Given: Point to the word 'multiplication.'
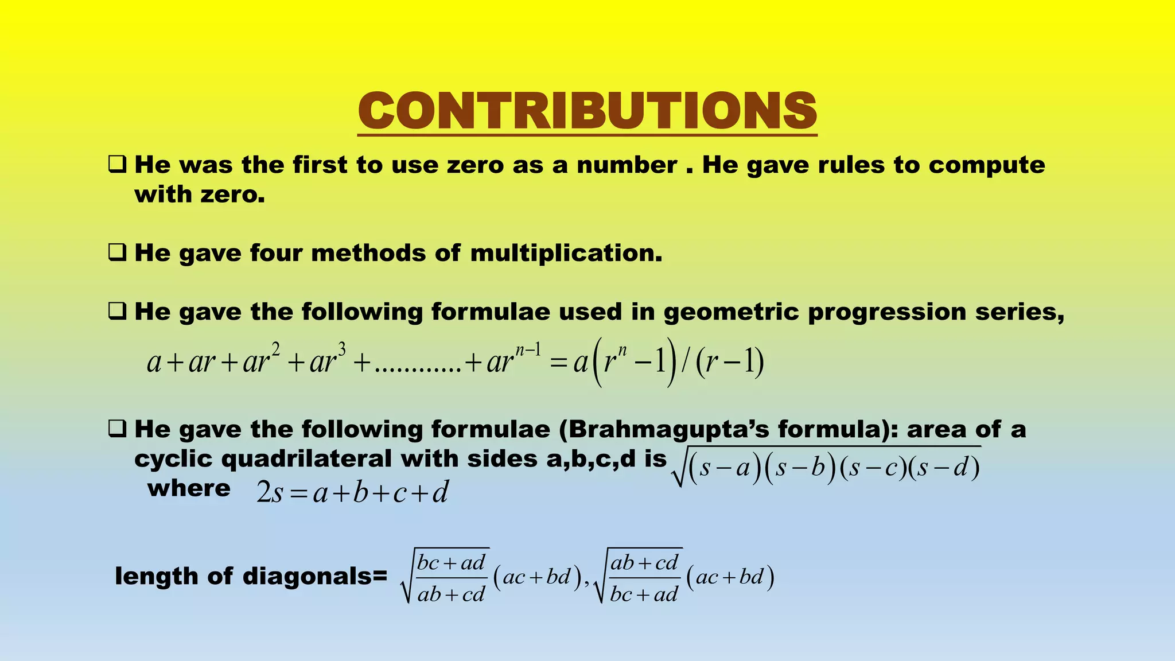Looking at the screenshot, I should point(566,253).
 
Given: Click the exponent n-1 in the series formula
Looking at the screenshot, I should point(528,350).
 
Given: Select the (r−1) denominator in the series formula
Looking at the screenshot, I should point(729,362).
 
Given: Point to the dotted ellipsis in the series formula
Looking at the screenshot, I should point(418,367).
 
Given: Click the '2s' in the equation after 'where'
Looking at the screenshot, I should point(270,493).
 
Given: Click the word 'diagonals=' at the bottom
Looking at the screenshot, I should point(315,576).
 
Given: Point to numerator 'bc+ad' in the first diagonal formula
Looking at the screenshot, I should point(452,562).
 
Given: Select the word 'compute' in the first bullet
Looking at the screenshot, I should point(987,165).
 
